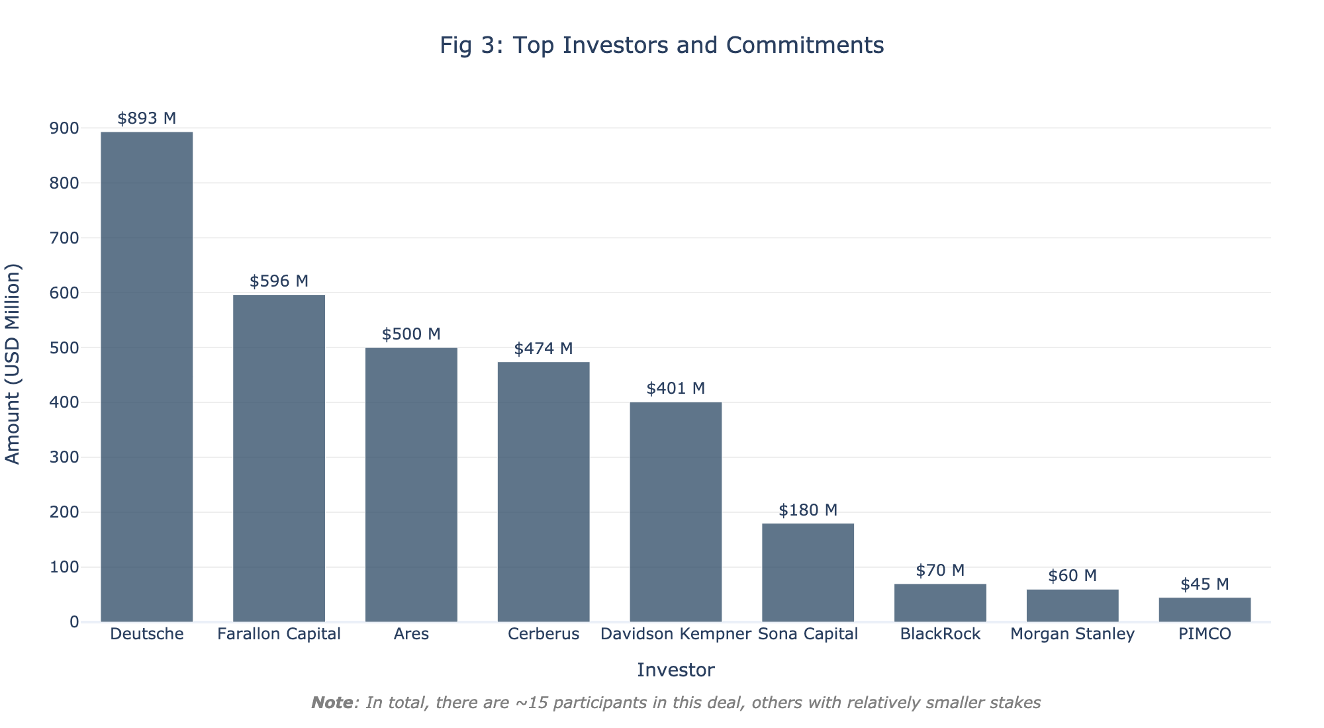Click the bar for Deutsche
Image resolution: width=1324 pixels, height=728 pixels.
coord(146,377)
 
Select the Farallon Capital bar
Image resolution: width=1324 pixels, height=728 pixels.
coord(279,458)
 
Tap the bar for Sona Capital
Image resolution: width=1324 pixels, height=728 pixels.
coord(808,572)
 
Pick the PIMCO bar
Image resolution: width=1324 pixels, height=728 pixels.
coord(1204,610)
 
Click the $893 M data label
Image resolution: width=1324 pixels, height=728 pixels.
coord(146,118)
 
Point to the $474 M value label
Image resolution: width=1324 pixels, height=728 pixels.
coord(544,349)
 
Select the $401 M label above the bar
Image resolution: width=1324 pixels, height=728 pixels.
coord(675,388)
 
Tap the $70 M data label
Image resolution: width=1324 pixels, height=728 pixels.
coord(940,570)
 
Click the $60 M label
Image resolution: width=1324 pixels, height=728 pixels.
coord(1072,576)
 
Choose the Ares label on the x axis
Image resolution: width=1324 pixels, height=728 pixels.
coord(411,634)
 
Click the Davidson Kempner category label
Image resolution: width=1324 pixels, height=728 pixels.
coord(675,634)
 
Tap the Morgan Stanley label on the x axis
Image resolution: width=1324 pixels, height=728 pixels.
coord(1072,634)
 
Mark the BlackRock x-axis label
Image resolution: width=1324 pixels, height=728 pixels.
coord(940,634)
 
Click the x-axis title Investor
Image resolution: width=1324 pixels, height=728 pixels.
coord(675,670)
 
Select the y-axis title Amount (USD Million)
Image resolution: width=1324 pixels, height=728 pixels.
coord(13,364)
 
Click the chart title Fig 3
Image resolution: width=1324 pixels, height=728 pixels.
coord(662,45)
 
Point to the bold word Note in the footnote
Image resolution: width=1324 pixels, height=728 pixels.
coord(332,703)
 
